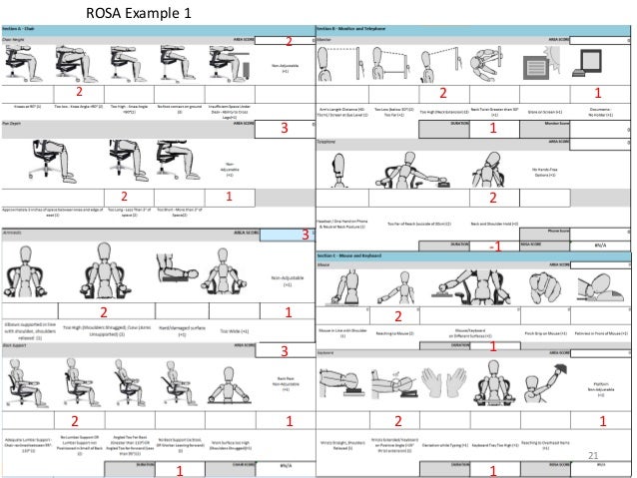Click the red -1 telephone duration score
(493, 245)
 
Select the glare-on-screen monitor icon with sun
(539, 70)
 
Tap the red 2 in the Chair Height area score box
(289, 42)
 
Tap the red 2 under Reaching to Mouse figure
(397, 316)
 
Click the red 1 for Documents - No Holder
(597, 92)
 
